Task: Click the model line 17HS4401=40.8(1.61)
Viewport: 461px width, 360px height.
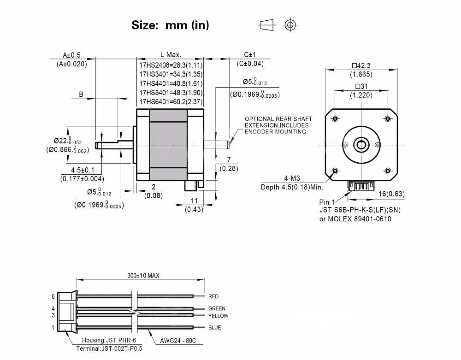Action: coord(171,83)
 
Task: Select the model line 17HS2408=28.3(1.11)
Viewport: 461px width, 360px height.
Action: coord(171,65)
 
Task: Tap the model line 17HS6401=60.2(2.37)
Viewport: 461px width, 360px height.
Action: coord(171,102)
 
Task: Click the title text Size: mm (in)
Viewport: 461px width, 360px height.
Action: coord(170,25)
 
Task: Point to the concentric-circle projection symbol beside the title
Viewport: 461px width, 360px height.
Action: coord(290,25)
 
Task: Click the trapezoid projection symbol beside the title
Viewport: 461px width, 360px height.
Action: coord(267,25)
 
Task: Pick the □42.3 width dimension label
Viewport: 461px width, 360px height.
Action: coord(361,65)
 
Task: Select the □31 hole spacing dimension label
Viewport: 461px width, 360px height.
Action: coord(361,86)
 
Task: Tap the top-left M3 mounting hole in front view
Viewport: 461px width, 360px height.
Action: coord(335,119)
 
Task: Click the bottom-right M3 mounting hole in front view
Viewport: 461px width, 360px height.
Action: coord(388,171)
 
